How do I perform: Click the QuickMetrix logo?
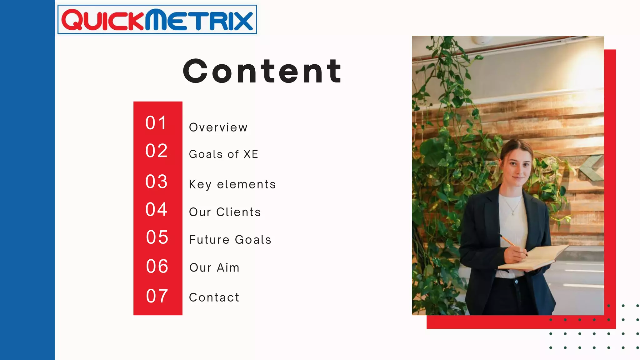click(157, 20)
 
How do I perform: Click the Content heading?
click(262, 72)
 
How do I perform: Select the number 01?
click(156, 123)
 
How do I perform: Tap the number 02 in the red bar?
click(157, 151)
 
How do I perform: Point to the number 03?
click(157, 182)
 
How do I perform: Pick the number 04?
click(157, 209)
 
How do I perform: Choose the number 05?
click(157, 237)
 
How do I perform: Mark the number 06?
click(157, 266)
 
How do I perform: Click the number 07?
click(157, 296)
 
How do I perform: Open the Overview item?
click(218, 127)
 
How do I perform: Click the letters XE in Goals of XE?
click(251, 154)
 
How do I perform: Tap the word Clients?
click(238, 212)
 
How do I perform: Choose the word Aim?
click(228, 268)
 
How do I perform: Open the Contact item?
click(214, 297)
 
